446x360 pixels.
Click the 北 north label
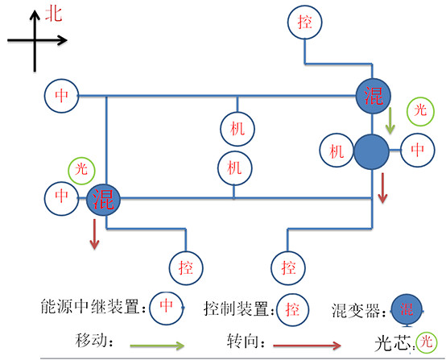click(53, 14)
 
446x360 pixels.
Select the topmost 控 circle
click(304, 22)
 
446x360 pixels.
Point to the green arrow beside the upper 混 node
click(390, 121)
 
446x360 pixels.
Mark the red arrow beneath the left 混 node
click(94, 233)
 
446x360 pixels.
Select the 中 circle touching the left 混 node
click(61, 196)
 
